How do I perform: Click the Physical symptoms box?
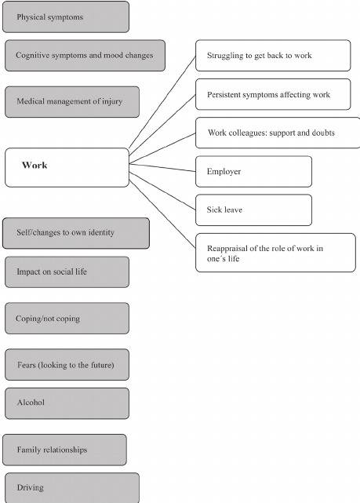click(66, 17)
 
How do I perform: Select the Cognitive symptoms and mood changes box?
click(85, 56)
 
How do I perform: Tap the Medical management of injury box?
click(72, 102)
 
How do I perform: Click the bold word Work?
click(35, 166)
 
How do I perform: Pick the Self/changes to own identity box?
click(76, 233)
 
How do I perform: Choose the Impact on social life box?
click(67, 272)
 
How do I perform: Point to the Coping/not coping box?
click(67, 319)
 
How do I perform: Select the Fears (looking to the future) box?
click(67, 365)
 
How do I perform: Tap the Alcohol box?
click(67, 403)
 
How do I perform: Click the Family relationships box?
click(64, 450)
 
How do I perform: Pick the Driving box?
click(72, 487)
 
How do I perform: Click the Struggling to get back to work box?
click(273, 56)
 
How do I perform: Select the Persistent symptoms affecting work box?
click(273, 94)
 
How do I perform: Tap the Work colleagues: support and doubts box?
click(278, 133)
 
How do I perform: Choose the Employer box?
click(253, 172)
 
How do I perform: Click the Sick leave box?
click(253, 210)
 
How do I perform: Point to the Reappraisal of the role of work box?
click(275, 253)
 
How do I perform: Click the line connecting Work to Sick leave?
click(162, 191)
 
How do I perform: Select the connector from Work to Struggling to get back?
click(162, 102)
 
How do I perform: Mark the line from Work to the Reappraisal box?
click(162, 213)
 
